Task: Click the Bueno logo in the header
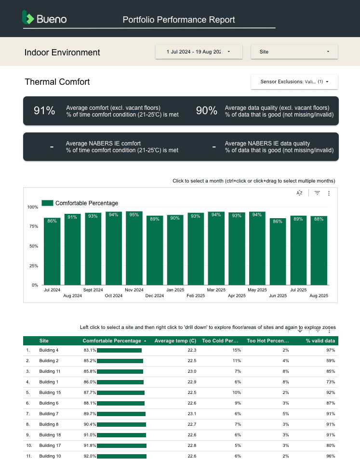pos(44,18)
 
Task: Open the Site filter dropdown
pos(294,52)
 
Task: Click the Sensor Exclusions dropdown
pos(294,82)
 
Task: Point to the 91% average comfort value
pos(44,111)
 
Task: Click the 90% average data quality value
pos(207,111)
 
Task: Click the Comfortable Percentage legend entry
pos(80,203)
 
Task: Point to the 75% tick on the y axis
pos(32,226)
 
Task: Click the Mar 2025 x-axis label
pos(216,290)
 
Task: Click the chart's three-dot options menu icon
pos(329,193)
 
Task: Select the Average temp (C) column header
pos(175,341)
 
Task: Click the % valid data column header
pos(320,341)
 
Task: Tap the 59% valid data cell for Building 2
pos(330,361)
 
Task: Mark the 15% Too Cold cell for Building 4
pos(237,350)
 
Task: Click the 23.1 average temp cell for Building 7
pos(192,414)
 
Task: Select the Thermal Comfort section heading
pos(57,82)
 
